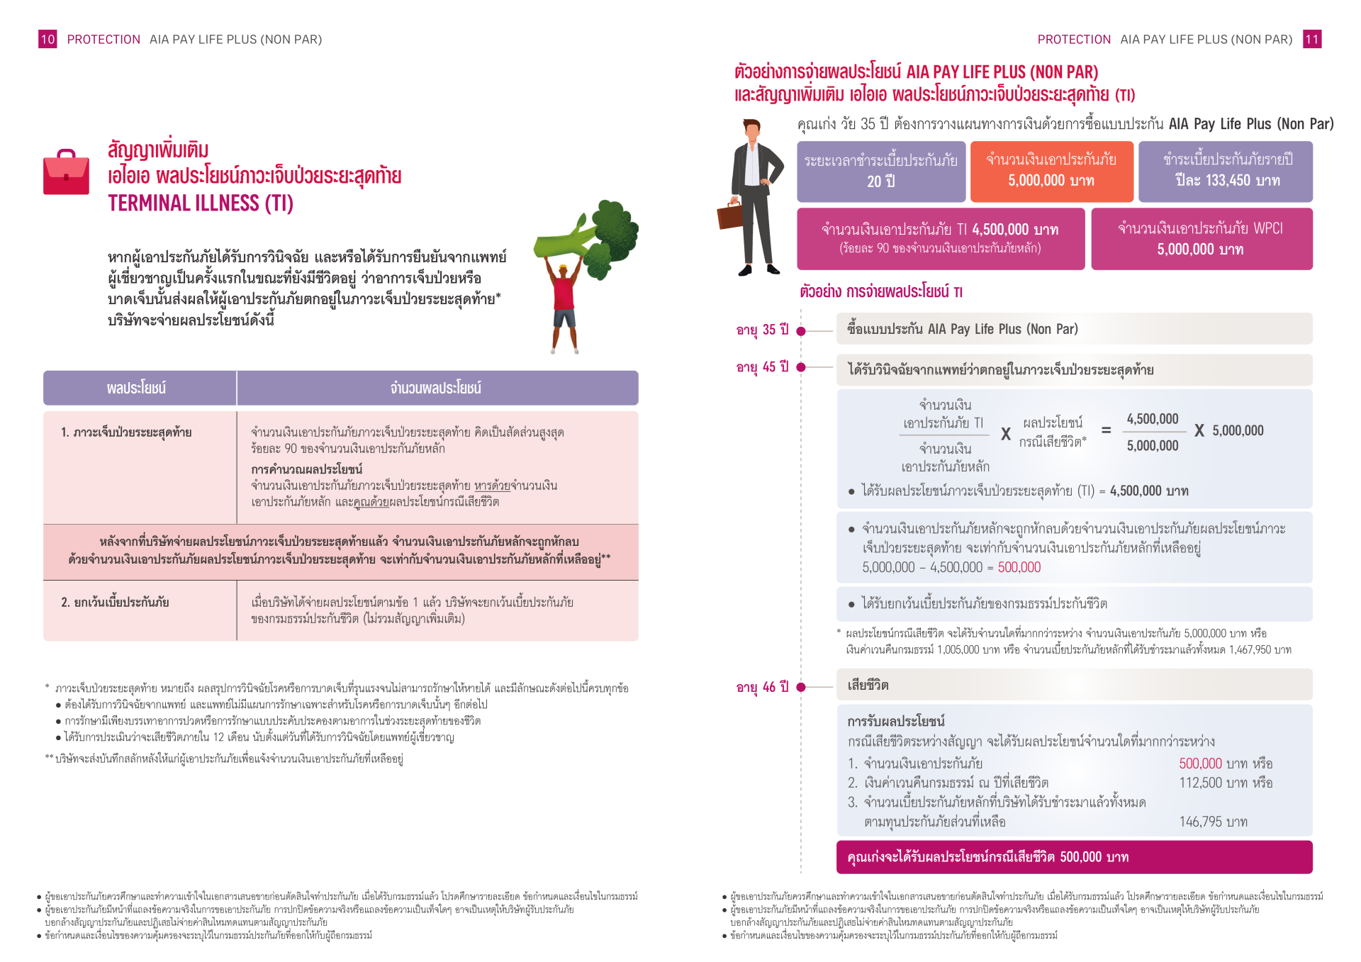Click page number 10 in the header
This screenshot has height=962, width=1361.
47,40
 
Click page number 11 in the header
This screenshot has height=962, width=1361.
1312,40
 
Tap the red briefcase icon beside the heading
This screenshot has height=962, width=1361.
66,172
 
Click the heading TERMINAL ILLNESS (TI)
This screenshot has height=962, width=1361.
201,204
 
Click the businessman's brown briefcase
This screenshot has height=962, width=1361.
730,215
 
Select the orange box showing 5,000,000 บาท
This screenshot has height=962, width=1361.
1051,172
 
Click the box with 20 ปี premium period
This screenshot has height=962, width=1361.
880,172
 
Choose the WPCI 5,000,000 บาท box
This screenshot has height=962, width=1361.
1201,239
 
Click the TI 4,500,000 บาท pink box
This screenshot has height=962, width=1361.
940,239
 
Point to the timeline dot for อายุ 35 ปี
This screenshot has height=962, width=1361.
801,331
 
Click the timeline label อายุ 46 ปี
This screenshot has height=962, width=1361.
762,687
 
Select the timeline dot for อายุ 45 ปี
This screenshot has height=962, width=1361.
801,367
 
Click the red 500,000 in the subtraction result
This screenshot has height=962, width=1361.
1019,567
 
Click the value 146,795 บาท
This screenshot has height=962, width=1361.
1213,822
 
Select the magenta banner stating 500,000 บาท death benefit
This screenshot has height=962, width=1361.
1074,857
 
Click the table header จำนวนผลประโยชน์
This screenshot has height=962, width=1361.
436,388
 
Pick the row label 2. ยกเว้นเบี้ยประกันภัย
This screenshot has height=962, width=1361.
115,603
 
